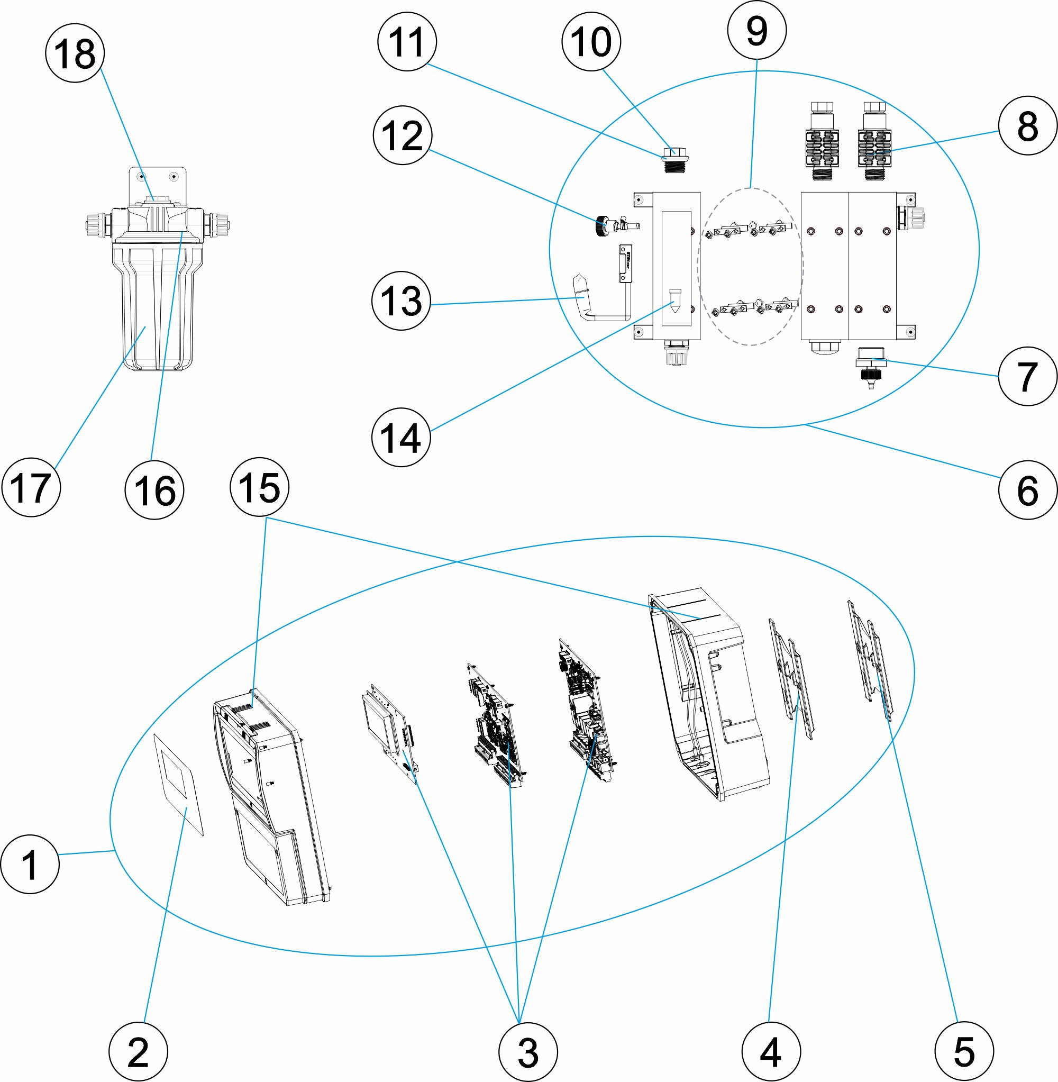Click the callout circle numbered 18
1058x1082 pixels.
tap(75, 53)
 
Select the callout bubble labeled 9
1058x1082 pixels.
tap(756, 31)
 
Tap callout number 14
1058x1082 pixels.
tap(400, 438)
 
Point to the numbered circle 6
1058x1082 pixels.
tap(1027, 489)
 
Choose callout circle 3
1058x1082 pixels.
tap(527, 1051)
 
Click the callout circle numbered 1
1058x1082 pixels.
tap(30, 864)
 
